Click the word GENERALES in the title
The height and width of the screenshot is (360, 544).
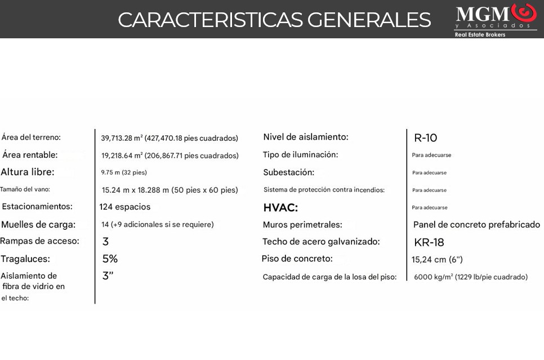tap(369, 20)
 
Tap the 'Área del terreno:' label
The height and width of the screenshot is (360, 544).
tap(31, 137)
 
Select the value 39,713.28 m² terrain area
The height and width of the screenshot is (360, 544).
tap(170, 138)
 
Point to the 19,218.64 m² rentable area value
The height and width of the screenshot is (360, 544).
tap(170, 155)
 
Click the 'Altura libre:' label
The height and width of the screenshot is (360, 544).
tap(28, 172)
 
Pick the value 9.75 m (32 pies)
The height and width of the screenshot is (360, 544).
tap(124, 172)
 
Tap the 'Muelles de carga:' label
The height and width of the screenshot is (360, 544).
tap(38, 224)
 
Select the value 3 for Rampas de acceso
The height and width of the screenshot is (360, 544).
tap(105, 242)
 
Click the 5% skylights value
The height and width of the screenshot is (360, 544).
tap(110, 259)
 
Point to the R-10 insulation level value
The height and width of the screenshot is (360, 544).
tap(425, 138)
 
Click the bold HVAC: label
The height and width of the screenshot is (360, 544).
tap(280, 208)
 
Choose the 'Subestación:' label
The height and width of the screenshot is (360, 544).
tap(288, 172)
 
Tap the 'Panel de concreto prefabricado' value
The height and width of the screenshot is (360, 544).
tap(476, 225)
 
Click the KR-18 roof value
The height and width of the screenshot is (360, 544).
tap(429, 242)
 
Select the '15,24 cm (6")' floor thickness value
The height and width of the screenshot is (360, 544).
tap(437, 260)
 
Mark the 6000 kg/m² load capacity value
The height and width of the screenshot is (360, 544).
tap(470, 277)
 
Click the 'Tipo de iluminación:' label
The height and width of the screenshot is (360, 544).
tap(300, 154)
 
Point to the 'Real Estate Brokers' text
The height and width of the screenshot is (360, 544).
tap(480, 35)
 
